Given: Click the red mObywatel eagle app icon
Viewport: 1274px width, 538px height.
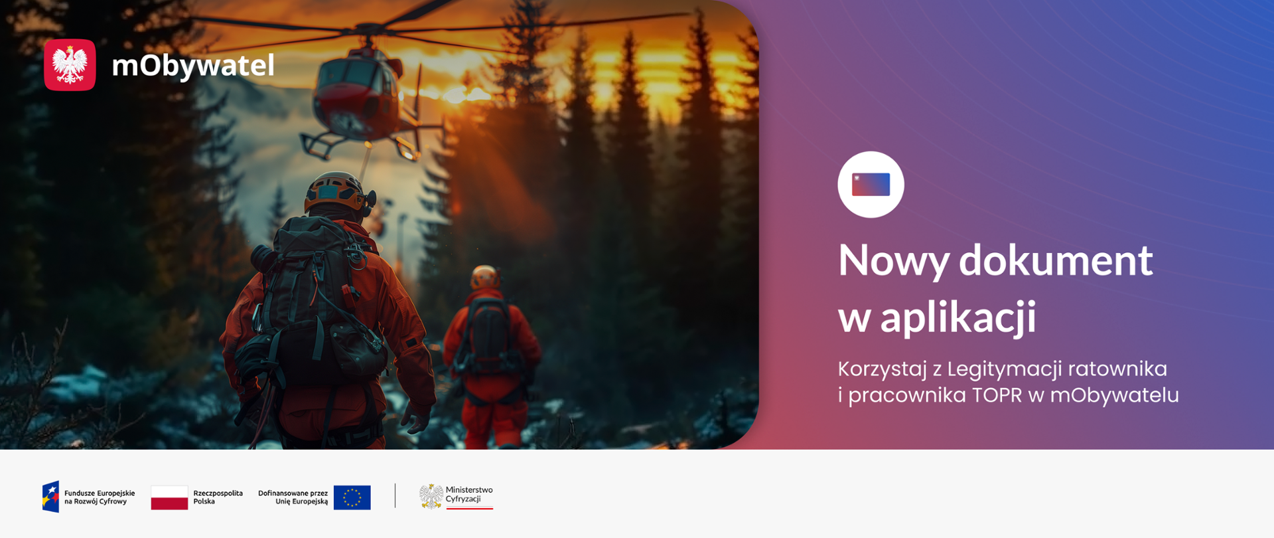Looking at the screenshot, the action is (x=70, y=64).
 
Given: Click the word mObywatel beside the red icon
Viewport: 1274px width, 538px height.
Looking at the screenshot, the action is (x=193, y=65).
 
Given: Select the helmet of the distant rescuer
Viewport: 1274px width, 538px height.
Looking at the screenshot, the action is (x=485, y=277).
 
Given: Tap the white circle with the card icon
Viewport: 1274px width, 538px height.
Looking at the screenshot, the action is (x=871, y=185).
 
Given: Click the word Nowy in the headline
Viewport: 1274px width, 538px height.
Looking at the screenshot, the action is (x=894, y=260).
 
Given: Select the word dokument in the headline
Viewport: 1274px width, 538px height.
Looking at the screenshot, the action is (x=1056, y=260).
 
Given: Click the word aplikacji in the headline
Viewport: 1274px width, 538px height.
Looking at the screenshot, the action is (x=957, y=317).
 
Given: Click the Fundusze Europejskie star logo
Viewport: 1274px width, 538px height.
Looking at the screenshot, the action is (x=50, y=497).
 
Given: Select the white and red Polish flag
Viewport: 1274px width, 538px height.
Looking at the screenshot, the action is (x=169, y=497).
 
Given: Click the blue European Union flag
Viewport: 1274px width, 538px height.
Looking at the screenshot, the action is (x=352, y=497).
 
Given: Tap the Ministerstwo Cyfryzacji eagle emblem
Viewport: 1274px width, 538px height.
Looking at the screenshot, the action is (x=431, y=496).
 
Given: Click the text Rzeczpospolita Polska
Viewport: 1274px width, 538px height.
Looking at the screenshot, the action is (x=218, y=497).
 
